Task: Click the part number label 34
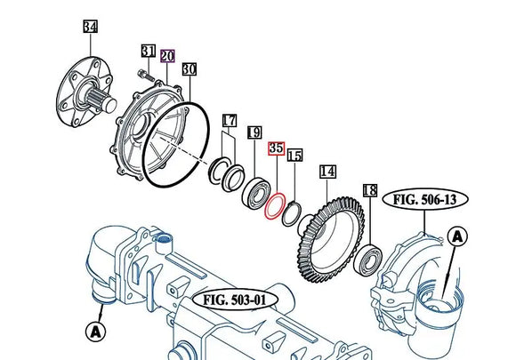click(90, 27)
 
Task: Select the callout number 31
click(148, 51)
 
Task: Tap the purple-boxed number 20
click(167, 56)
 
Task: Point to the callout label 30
click(189, 69)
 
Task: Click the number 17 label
click(230, 121)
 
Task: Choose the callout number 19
click(254, 132)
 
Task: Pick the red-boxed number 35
click(277, 148)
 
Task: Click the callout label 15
click(294, 156)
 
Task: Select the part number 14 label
click(327, 172)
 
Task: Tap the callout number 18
click(370, 190)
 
